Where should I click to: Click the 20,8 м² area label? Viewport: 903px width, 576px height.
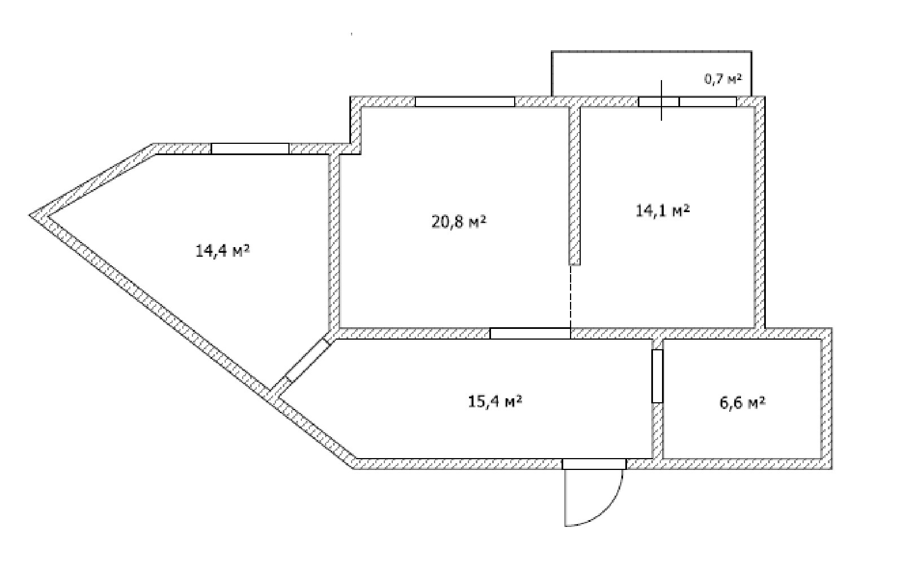(x=459, y=222)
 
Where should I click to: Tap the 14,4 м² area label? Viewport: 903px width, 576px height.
(x=222, y=251)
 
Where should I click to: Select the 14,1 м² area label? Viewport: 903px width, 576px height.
(x=663, y=212)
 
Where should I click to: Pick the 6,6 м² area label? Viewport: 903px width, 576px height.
(x=742, y=403)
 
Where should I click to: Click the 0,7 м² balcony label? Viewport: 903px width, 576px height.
(x=722, y=79)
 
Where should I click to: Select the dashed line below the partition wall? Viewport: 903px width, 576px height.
(x=571, y=296)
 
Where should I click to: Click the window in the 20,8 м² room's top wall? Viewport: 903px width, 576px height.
(x=465, y=102)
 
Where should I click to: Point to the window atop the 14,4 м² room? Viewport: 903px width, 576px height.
(x=250, y=148)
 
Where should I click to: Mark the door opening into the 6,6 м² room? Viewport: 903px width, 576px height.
(x=657, y=376)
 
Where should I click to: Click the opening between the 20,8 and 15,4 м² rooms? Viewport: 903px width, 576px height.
(x=530, y=333)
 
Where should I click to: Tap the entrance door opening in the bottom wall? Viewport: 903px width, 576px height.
(x=594, y=464)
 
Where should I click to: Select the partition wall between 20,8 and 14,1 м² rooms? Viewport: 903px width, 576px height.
(x=575, y=186)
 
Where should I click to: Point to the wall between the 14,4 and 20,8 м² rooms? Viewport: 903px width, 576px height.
(x=334, y=240)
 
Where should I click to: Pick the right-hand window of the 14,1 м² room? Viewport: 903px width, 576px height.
(x=708, y=102)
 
